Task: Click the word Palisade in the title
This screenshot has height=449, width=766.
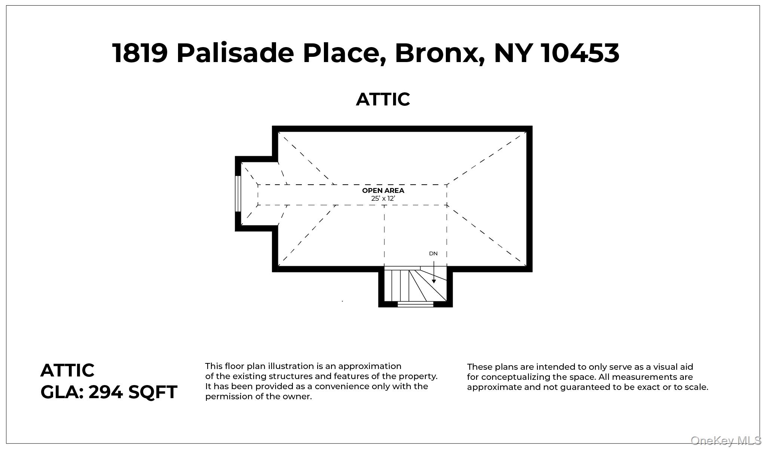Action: pyautogui.click(x=235, y=53)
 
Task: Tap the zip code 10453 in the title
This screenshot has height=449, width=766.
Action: pyautogui.click(x=580, y=53)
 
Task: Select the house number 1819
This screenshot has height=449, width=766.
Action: pyautogui.click(x=140, y=53)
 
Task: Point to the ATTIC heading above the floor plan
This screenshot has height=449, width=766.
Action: pyautogui.click(x=383, y=99)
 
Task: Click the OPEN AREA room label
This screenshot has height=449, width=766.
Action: pyautogui.click(x=383, y=190)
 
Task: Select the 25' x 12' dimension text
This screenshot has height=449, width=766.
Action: pyautogui.click(x=383, y=199)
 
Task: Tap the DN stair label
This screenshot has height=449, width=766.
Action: pyautogui.click(x=433, y=253)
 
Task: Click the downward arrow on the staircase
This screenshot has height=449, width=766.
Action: pyautogui.click(x=433, y=272)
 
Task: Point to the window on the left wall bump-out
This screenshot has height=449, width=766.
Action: pyautogui.click(x=238, y=194)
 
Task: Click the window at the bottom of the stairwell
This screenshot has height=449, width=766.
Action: pyautogui.click(x=415, y=304)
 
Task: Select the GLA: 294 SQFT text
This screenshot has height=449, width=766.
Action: pyautogui.click(x=108, y=392)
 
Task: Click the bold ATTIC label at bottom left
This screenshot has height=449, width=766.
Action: pyautogui.click(x=67, y=370)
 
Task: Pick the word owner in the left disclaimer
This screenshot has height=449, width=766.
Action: pyautogui.click(x=298, y=396)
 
